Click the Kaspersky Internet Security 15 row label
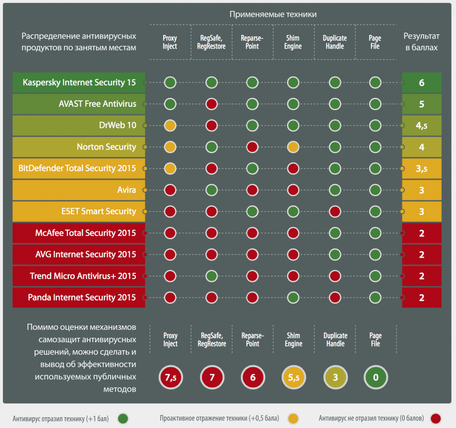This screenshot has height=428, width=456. tap(79, 82)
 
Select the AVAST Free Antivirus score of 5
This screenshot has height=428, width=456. tap(421, 104)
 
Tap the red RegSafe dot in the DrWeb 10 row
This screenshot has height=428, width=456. tap(211, 125)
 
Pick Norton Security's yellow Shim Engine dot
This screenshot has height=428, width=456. tap(293, 147)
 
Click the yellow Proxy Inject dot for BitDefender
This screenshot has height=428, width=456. tap(170, 168)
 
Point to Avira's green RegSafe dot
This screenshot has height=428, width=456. tap(211, 190)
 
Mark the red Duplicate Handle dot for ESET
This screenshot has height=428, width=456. tap(335, 211)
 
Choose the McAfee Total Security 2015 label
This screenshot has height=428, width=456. tap(79, 233)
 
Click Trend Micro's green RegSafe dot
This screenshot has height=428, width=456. tap(211, 276)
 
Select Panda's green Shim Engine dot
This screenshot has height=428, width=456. tap(293, 297)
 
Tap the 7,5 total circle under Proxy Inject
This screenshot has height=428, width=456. tap(171, 377)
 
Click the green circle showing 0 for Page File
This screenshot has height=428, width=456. tap(376, 377)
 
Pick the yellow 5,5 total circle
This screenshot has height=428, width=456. tap(294, 377)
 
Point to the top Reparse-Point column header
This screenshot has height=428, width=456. tap(252, 42)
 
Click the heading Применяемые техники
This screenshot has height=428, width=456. tap(273, 14)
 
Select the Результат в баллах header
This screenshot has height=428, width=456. tap(421, 42)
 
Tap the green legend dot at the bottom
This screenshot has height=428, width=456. tap(123, 418)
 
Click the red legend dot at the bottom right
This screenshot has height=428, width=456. tap(436, 418)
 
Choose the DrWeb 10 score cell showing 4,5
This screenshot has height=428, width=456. tap(421, 125)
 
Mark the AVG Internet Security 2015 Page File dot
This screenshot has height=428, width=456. tap(375, 254)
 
